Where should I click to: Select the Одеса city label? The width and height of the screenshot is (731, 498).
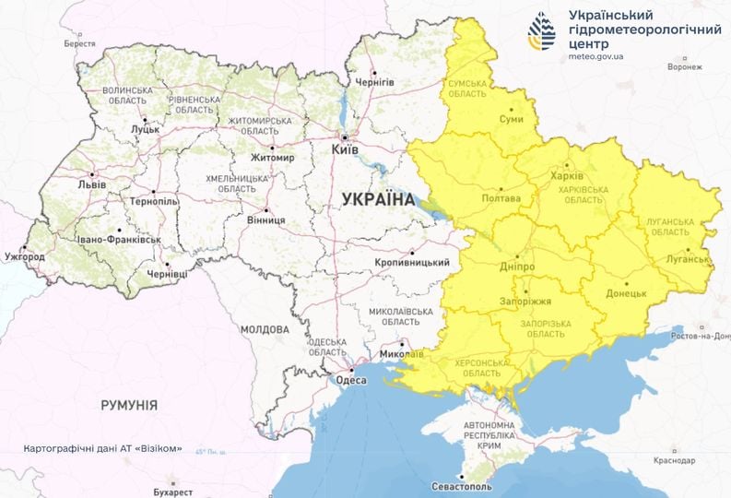(x=351, y=379)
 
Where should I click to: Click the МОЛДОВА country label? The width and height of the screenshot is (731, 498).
(x=265, y=329)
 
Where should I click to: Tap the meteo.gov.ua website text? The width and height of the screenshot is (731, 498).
(x=596, y=56)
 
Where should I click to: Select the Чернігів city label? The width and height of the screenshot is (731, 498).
(x=375, y=82)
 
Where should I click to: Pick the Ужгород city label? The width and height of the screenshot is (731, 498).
(x=24, y=255)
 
